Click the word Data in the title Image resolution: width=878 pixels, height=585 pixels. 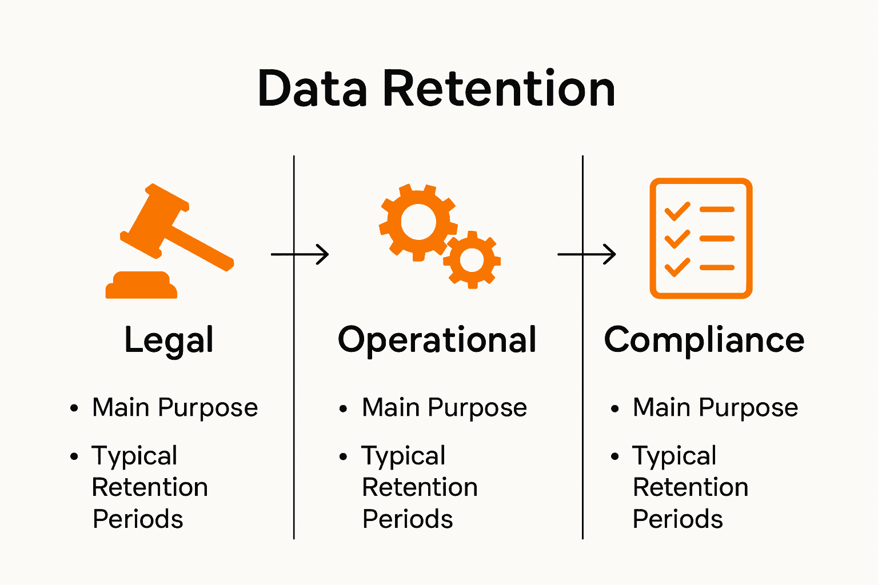(x=312, y=89)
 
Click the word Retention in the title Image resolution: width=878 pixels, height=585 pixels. (x=498, y=89)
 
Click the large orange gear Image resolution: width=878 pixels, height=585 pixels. (x=418, y=222)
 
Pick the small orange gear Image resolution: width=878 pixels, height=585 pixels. (x=472, y=260)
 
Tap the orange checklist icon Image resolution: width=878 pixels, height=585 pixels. (x=701, y=238)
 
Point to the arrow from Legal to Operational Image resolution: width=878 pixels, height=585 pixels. (x=300, y=254)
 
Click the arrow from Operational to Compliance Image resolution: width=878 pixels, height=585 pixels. (x=587, y=254)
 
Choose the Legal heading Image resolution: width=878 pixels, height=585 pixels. (x=169, y=340)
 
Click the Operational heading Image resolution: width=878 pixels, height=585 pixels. (x=437, y=340)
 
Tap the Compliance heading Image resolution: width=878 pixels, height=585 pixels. (x=704, y=340)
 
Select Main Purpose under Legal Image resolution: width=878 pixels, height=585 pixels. (x=175, y=408)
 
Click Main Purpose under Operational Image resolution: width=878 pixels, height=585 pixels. (x=444, y=408)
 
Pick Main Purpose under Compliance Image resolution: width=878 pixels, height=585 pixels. (x=715, y=408)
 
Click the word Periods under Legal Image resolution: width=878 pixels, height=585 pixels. (x=138, y=519)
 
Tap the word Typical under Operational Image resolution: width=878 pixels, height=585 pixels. (x=404, y=456)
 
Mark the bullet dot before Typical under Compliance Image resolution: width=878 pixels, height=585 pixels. (x=615, y=456)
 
